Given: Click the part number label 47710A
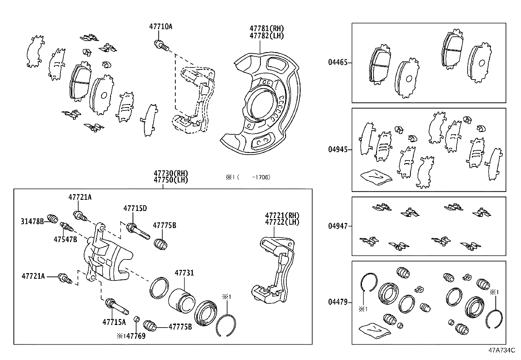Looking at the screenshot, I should pos(160,27).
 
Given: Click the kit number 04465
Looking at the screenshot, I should pos(338,62).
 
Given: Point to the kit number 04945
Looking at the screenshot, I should pos(338,150).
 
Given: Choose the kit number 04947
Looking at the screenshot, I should pos(338,226).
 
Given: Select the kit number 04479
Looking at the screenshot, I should pos(338,302).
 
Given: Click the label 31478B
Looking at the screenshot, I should pos(32,221).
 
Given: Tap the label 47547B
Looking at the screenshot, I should pos(65,239).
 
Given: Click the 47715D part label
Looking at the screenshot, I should pos(135,208).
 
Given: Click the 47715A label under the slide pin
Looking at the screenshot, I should pos(114,322).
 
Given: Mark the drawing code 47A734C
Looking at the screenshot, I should pos(502,350).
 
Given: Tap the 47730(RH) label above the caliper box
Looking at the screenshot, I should pos(171,174).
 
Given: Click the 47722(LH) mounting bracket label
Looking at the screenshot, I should pos(282,222).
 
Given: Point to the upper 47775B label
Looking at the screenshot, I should pos(164,225).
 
